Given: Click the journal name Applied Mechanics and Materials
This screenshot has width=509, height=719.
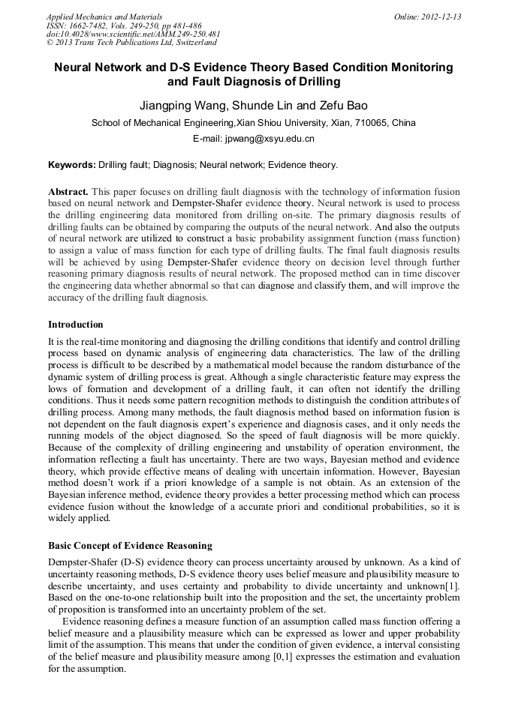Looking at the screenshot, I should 95,16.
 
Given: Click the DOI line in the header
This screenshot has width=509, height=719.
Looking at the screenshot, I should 133,34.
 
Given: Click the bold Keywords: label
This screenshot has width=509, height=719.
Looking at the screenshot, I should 72,165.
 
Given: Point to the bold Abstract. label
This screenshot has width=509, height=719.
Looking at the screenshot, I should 68,192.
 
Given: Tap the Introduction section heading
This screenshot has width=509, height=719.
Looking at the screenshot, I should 76,325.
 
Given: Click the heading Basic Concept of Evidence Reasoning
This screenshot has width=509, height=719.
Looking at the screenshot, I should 130,545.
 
